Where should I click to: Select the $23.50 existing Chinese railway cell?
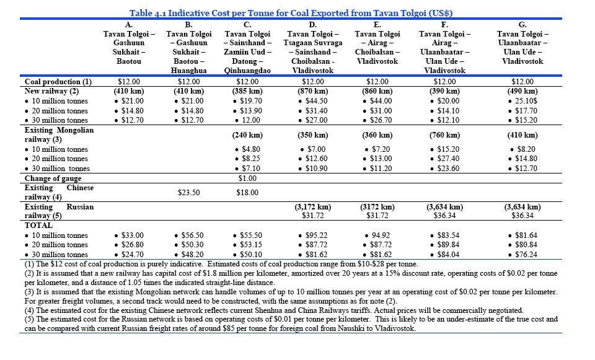tap(188, 193)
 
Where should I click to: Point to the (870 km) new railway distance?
tap(313, 91)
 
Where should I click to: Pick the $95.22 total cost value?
tap(313, 235)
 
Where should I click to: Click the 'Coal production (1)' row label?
tap(58, 82)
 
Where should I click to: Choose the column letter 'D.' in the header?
tap(312, 25)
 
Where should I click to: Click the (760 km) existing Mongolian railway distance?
tap(444, 135)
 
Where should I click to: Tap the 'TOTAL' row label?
tap(38, 226)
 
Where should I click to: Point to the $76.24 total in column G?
tap(522, 255)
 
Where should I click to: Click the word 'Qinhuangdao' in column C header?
tap(247, 71)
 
